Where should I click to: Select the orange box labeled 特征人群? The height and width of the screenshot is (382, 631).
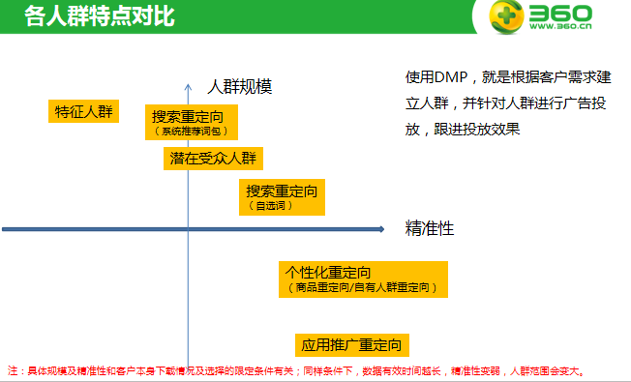(83, 111)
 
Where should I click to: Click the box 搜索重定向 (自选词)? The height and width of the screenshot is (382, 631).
(281, 196)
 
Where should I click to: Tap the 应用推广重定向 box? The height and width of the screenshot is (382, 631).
(351, 344)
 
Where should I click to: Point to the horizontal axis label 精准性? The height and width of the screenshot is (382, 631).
(430, 229)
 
